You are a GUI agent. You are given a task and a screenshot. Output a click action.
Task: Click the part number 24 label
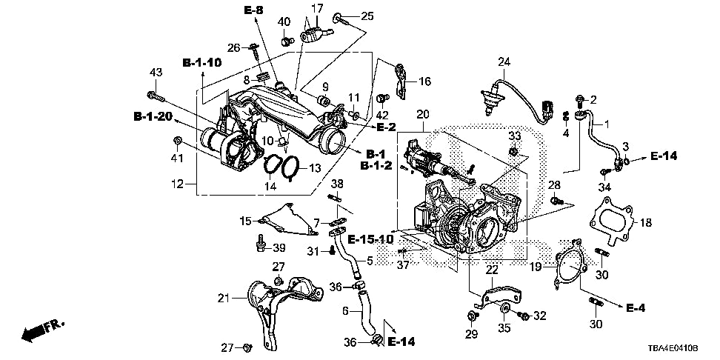click(x=504, y=62)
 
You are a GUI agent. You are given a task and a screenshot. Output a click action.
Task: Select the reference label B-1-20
click(x=153, y=117)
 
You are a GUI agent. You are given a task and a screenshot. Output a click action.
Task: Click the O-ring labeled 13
click(x=290, y=167)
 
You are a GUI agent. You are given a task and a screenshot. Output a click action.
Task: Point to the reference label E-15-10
click(x=370, y=239)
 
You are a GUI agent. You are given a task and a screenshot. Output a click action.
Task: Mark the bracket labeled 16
click(x=401, y=80)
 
